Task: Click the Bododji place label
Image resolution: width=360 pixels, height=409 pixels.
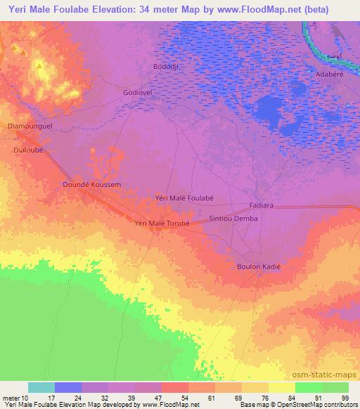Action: [x=167, y=67]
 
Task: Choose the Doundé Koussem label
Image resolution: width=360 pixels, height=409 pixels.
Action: [x=92, y=184]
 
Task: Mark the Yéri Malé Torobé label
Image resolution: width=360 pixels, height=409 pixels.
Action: [x=162, y=223]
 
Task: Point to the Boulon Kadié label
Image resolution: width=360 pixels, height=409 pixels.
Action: [x=258, y=266]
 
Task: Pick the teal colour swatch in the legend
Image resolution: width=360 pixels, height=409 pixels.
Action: [x=41, y=387]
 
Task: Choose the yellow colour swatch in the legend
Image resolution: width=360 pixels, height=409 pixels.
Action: [x=282, y=387]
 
